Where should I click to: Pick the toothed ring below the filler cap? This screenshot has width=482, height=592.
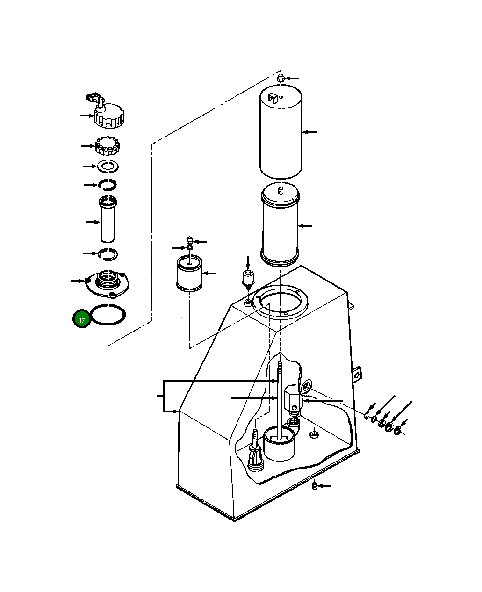[x=108, y=147]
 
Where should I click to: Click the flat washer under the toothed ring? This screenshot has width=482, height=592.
[x=108, y=166]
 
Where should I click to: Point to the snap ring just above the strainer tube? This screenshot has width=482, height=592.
[x=108, y=186]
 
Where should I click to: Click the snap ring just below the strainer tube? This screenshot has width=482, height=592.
[x=108, y=254]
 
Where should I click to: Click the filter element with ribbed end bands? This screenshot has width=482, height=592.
[x=280, y=225]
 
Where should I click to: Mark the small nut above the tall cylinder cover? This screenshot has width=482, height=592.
[x=280, y=78]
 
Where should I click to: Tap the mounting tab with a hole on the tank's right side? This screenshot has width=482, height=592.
[x=357, y=374]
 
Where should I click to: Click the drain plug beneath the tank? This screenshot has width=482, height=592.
[x=315, y=486]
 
